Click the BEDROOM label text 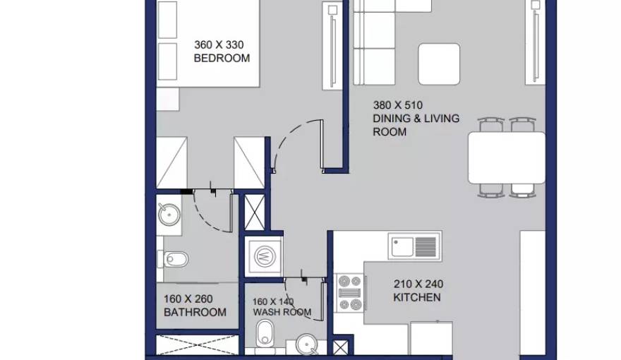222,58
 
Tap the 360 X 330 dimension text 219,44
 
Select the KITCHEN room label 416,297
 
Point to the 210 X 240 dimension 418,284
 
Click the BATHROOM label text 195,312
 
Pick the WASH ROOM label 282,312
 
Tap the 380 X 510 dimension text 397,105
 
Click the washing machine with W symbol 264,256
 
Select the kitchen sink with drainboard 415,246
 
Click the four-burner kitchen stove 351,293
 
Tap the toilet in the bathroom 173,259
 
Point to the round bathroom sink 169,215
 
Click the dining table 507,157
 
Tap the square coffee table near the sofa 439,64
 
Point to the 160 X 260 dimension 188,299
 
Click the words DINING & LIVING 416,119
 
